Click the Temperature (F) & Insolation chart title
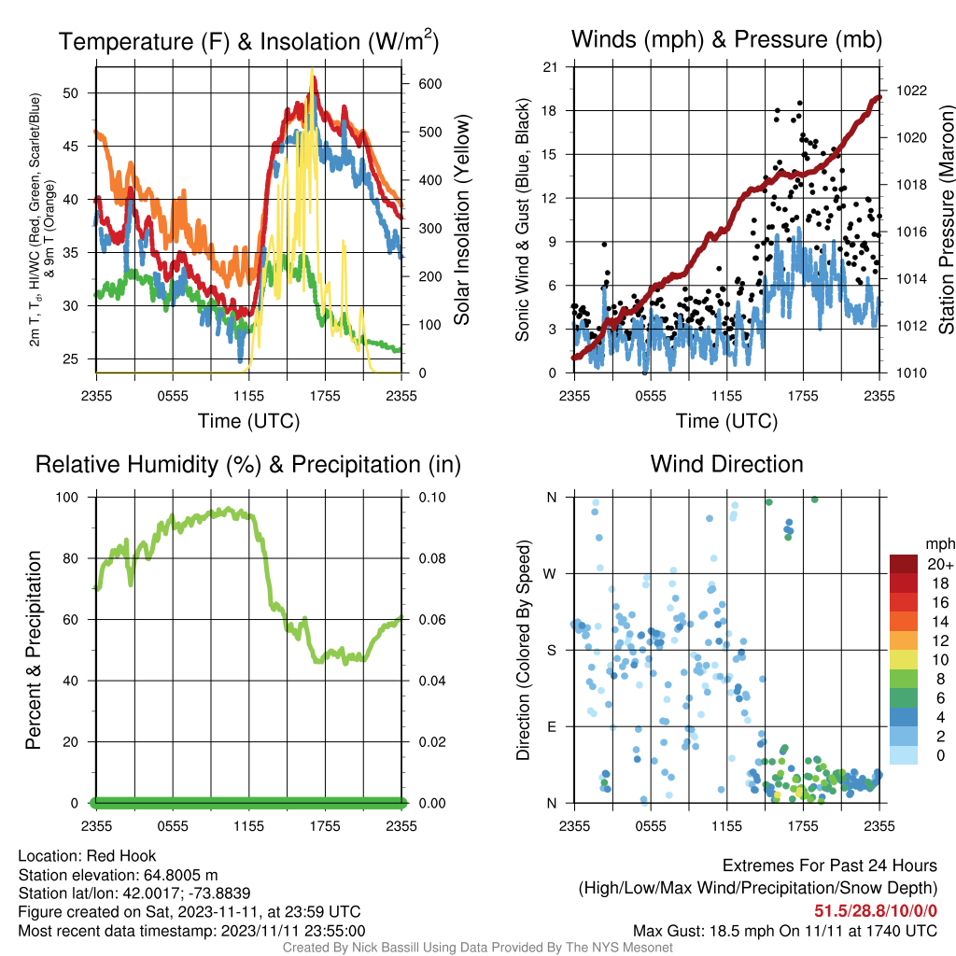(248, 41)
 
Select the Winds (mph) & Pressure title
(726, 39)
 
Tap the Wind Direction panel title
(726, 464)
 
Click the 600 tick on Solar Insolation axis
(429, 83)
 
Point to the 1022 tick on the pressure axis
(911, 91)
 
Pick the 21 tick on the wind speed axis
(550, 67)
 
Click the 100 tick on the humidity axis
(67, 497)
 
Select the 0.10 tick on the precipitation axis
(432, 497)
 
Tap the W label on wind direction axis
(549, 574)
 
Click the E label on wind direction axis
(551, 726)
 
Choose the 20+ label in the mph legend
(940, 564)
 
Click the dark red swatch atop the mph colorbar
(904, 564)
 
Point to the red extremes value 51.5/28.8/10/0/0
(876, 911)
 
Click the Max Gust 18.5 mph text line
(785, 931)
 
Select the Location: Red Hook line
(87, 856)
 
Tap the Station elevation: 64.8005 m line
(118, 875)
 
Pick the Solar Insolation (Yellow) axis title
(461, 219)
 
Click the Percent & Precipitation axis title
(33, 650)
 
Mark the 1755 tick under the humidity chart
(325, 826)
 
